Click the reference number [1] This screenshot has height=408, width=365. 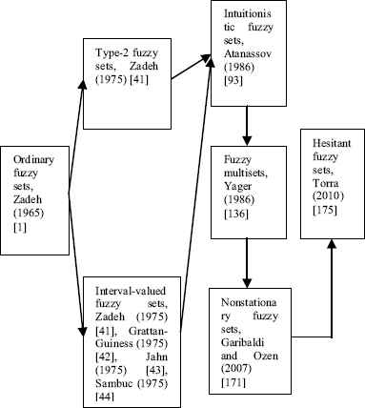[x=20, y=228]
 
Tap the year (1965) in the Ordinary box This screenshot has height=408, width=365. [x=29, y=213]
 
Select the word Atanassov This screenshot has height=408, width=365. [x=248, y=53]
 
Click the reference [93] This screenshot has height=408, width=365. [x=233, y=81]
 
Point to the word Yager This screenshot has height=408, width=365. [x=237, y=186]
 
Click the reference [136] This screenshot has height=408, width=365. [x=235, y=214]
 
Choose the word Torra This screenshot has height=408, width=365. [x=326, y=183]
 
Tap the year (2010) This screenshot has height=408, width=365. [x=328, y=196]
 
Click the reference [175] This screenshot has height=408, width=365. [x=324, y=211]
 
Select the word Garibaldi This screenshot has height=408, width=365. [x=242, y=342]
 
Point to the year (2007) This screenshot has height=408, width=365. [x=236, y=369]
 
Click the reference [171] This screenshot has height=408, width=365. [x=233, y=382]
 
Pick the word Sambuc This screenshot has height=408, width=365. [x=113, y=383]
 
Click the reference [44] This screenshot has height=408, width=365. [x=105, y=397]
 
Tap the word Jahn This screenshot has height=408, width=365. [x=156, y=357]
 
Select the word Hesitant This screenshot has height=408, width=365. [x=332, y=143]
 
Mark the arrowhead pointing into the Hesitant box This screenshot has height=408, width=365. [x=332, y=244]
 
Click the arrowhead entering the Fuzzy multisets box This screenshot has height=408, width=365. [x=247, y=141]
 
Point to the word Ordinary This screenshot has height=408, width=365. [x=33, y=160]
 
